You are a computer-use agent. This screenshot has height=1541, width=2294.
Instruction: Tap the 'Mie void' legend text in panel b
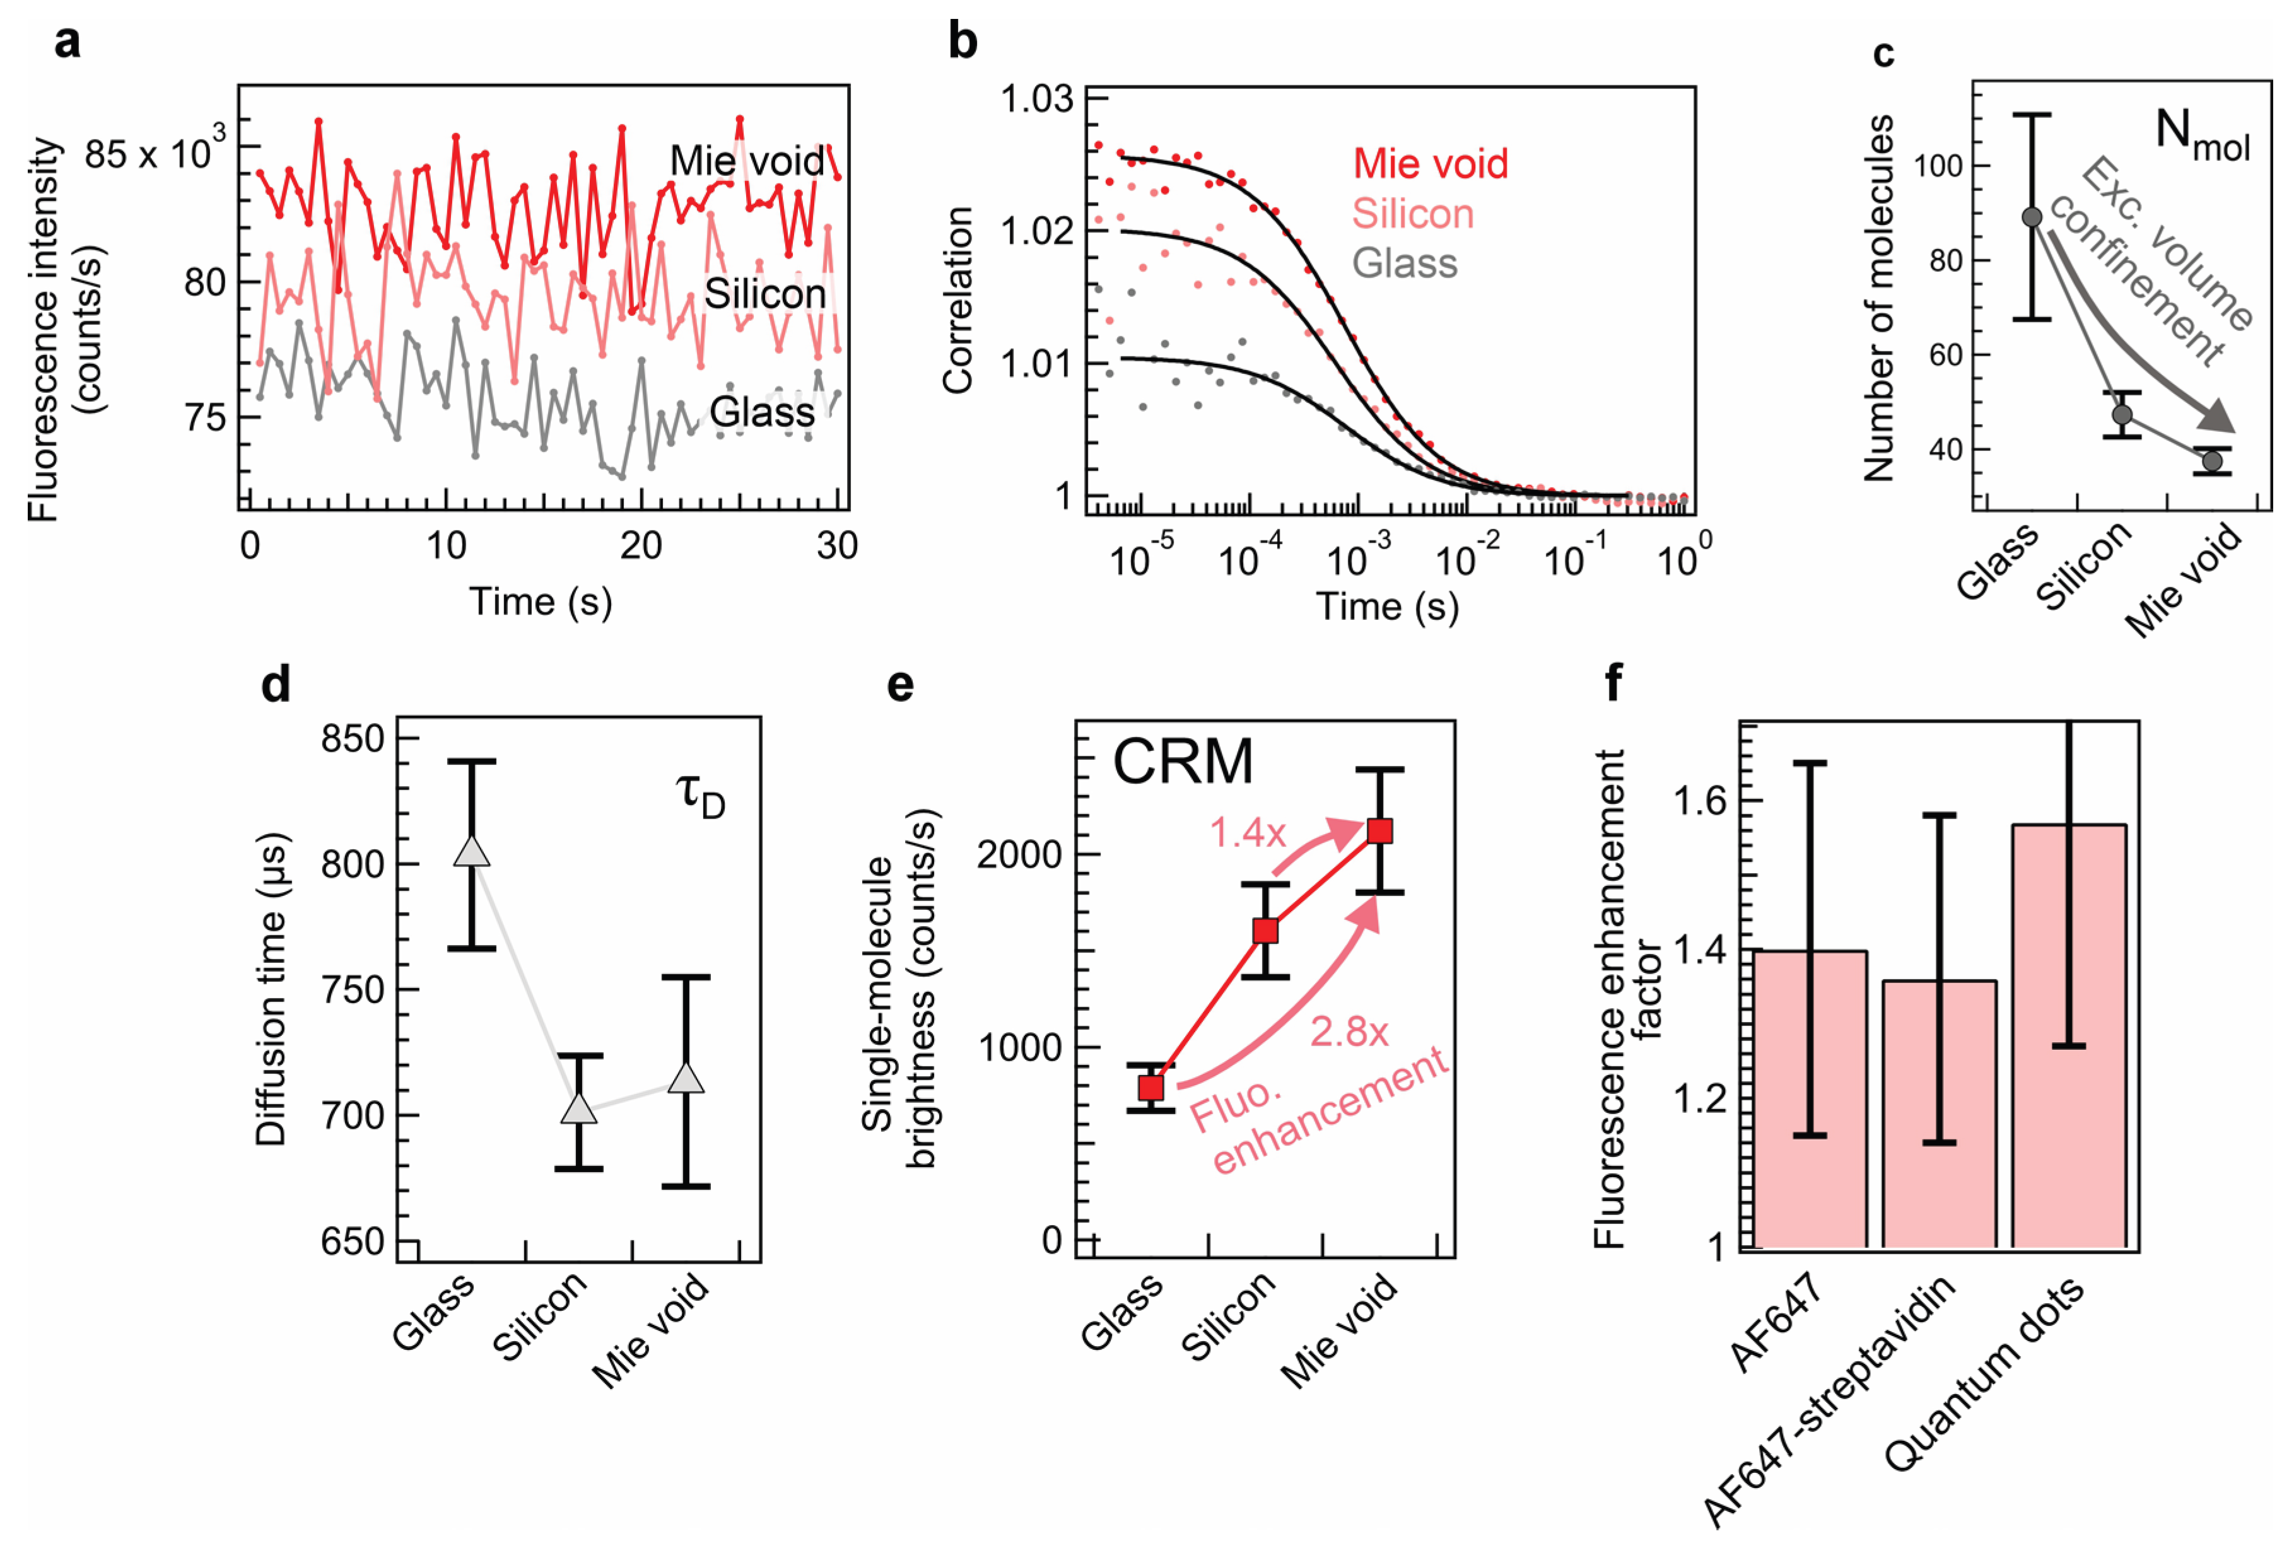pos(1429,163)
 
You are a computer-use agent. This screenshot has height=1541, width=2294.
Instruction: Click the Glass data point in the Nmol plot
pos(2032,217)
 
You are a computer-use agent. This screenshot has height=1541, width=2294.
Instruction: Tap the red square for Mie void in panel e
pos(1380,832)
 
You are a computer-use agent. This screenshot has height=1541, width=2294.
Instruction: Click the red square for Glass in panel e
pos(1151,1088)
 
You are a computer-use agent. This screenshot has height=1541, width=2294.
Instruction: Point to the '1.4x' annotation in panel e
pos(1247,834)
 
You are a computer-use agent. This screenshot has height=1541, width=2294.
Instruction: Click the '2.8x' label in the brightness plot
pos(1349,1032)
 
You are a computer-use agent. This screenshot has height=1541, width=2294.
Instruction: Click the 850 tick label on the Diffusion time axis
pos(352,739)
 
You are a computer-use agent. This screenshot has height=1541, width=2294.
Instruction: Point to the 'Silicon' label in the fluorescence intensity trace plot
pos(764,294)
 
